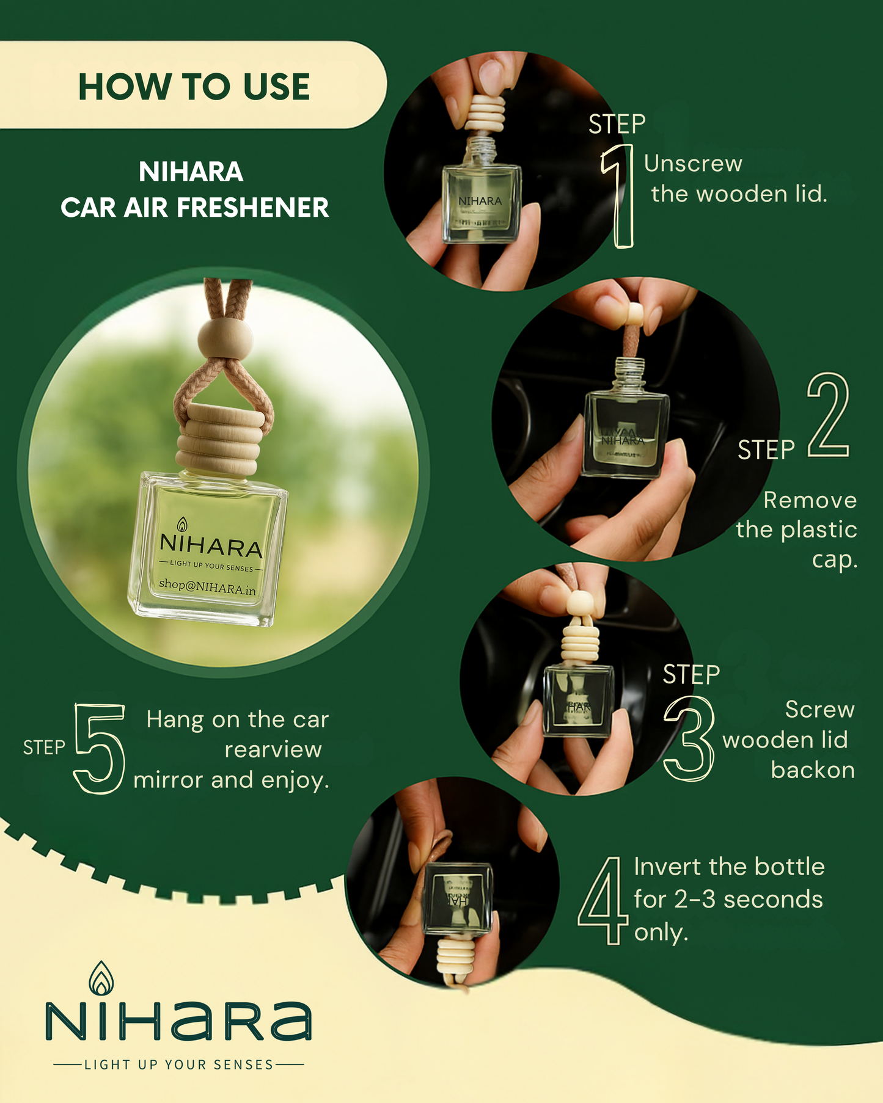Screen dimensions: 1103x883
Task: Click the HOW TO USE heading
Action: click(194, 86)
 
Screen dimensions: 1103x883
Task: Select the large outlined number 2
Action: click(828, 416)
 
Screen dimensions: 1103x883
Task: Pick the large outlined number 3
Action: click(689, 739)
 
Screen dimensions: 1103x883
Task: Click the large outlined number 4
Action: click(603, 901)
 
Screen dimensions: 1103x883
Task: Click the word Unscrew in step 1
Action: click(693, 164)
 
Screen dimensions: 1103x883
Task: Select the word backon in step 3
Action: click(812, 770)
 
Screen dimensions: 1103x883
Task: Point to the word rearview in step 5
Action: click(273, 749)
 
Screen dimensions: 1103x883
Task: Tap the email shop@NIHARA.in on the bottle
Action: click(207, 587)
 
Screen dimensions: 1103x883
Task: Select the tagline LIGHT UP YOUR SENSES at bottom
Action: click(178, 1065)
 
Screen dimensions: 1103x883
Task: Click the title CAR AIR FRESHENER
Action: click(194, 208)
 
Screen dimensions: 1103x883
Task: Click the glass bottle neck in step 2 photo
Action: click(628, 372)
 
